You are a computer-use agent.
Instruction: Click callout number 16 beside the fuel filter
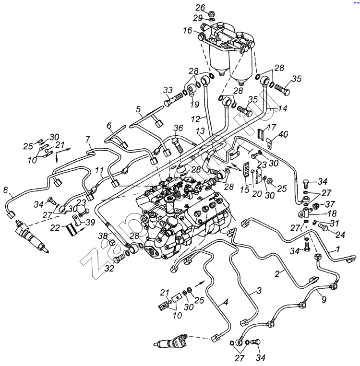point(187,30)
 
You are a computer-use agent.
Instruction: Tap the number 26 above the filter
point(200,7)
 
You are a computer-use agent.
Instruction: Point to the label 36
point(178,128)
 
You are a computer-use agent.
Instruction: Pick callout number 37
point(330,204)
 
